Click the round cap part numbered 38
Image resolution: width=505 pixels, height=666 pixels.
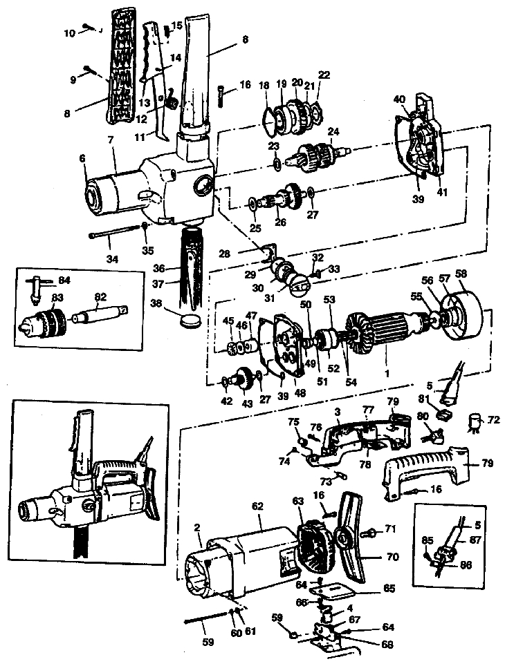(x=187, y=321)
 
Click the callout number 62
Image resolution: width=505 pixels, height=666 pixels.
(x=257, y=506)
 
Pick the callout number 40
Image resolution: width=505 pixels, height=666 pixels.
(x=399, y=98)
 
